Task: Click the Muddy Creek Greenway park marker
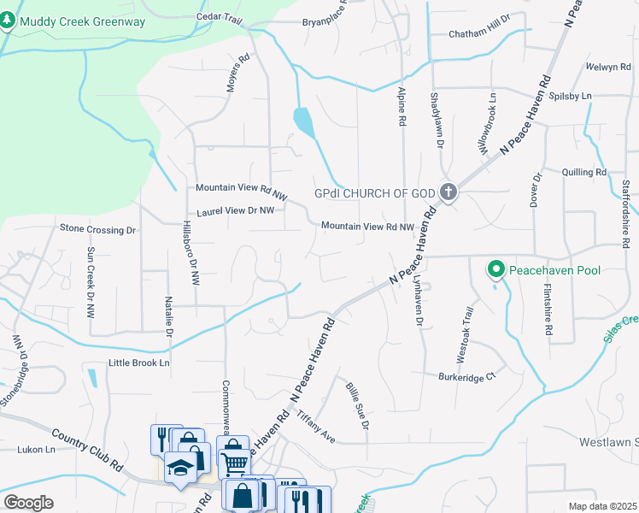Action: [x=9, y=21]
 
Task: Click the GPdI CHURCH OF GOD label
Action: [x=376, y=194]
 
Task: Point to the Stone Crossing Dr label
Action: [x=97, y=229]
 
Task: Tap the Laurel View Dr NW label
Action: [x=235, y=210]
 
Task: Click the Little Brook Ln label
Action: [x=139, y=363]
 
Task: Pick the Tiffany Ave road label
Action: [x=315, y=427]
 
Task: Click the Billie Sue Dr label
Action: [x=358, y=405]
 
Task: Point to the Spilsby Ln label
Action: [x=570, y=96]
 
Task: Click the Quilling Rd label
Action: [x=584, y=172]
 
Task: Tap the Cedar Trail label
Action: [x=220, y=16]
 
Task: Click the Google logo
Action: [x=28, y=503]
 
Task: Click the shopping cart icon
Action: [x=233, y=463]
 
